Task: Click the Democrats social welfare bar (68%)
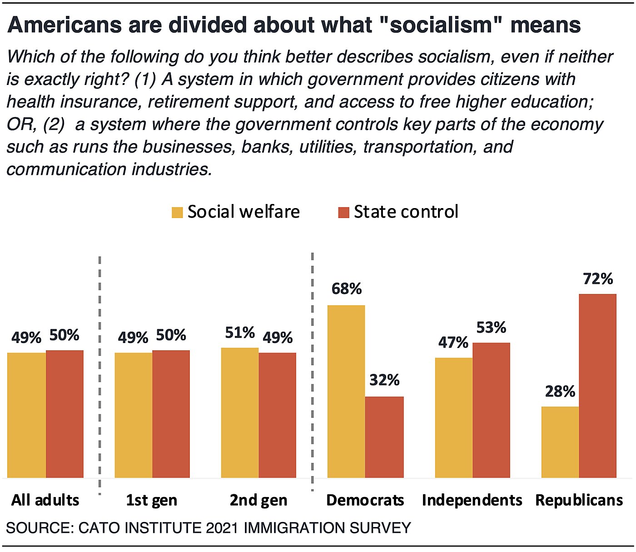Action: point(346,391)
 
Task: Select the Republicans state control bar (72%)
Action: point(597,386)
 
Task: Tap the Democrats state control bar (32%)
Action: point(384,437)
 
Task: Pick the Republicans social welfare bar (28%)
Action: point(560,442)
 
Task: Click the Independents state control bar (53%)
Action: point(491,410)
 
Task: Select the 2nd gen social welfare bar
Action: point(240,413)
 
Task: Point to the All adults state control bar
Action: point(65,414)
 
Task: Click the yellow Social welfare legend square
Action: point(177,212)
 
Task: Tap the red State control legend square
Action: point(343,212)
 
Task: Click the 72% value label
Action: point(598,278)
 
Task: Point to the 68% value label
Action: point(347,288)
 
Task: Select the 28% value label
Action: point(561,391)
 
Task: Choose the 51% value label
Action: point(240,333)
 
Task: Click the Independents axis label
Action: point(472,500)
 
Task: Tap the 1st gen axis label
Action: point(151,500)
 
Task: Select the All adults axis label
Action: point(45,500)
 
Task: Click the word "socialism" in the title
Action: point(441,25)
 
